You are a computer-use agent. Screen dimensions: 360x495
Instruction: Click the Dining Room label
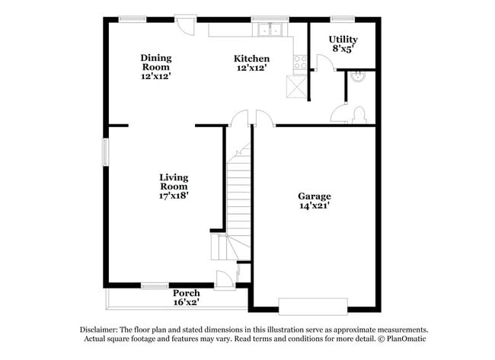pyautogui.click(x=155, y=58)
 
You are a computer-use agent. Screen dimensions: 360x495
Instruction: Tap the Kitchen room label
pyautogui.click(x=251, y=59)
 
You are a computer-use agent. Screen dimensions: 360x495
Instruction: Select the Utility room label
pyautogui.click(x=343, y=39)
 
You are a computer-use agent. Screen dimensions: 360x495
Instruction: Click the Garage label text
pyautogui.click(x=314, y=196)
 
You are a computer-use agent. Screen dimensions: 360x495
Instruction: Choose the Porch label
pyautogui.click(x=186, y=293)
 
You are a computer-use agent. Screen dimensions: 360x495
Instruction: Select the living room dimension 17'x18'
pyautogui.click(x=174, y=196)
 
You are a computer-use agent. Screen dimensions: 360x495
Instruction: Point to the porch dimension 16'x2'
pyautogui.click(x=186, y=302)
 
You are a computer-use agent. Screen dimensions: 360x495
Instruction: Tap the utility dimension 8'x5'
pyautogui.click(x=343, y=49)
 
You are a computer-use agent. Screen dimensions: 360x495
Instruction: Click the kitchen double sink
pyautogui.click(x=270, y=30)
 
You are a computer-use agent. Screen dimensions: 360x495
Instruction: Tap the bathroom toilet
pyautogui.click(x=359, y=115)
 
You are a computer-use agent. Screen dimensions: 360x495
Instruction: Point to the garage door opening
pyautogui.click(x=314, y=306)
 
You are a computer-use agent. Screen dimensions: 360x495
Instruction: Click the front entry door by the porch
pyautogui.click(x=225, y=280)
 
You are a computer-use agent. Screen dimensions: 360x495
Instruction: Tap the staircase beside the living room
pyautogui.click(x=239, y=190)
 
